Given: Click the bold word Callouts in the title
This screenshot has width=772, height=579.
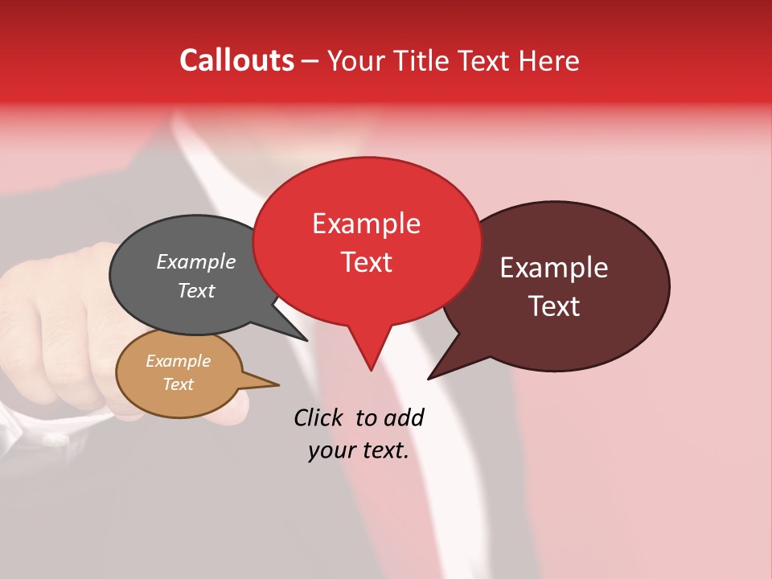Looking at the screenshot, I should (x=236, y=60).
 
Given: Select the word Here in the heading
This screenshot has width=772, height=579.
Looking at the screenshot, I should (x=550, y=61).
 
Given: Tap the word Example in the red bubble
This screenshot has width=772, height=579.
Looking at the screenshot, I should (x=366, y=224).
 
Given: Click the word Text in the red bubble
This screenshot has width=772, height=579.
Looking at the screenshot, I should (x=366, y=262).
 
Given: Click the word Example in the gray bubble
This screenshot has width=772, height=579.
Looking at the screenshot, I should (x=196, y=261).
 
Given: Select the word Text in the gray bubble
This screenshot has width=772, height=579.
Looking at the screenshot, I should (x=196, y=290).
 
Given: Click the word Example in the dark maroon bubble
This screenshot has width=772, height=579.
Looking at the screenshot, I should (x=554, y=268).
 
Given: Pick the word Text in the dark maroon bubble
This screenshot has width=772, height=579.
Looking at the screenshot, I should (x=555, y=306).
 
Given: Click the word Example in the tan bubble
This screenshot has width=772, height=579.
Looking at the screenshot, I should (x=178, y=361).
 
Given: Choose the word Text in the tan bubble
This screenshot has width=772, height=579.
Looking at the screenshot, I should (x=178, y=384).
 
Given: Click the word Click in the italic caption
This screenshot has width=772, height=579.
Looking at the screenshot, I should (x=319, y=417).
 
